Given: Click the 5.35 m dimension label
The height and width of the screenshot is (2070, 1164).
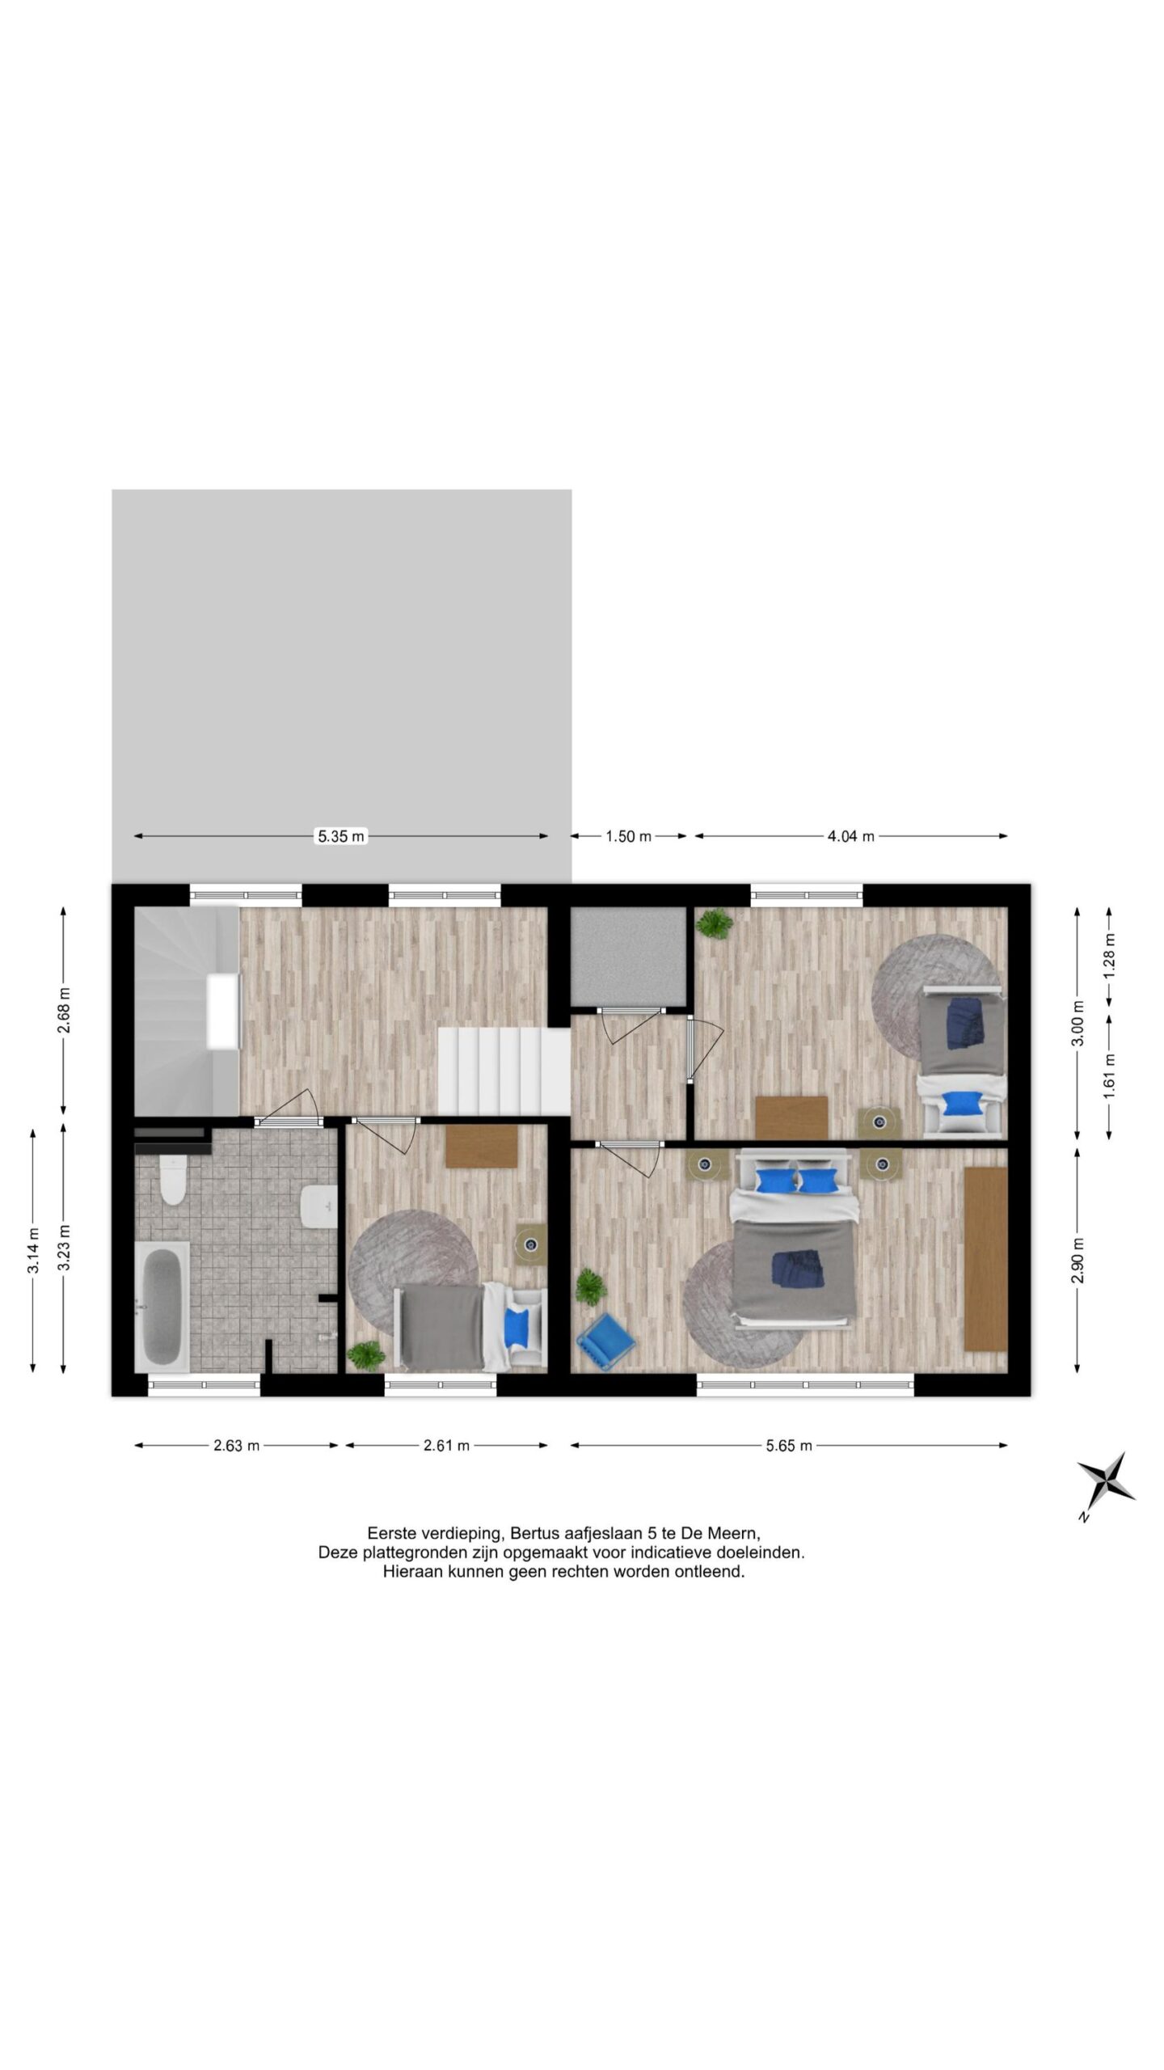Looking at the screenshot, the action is point(340,837).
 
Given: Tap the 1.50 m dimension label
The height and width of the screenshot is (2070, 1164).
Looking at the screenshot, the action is point(628,837).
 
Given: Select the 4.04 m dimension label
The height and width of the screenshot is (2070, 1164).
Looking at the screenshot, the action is point(850,837).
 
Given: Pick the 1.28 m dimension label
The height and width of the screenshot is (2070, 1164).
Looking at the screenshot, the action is point(1109,957).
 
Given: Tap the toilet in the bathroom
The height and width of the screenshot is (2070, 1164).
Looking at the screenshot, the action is point(172,1183).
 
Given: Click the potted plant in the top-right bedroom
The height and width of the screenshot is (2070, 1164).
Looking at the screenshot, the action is point(714,923).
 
